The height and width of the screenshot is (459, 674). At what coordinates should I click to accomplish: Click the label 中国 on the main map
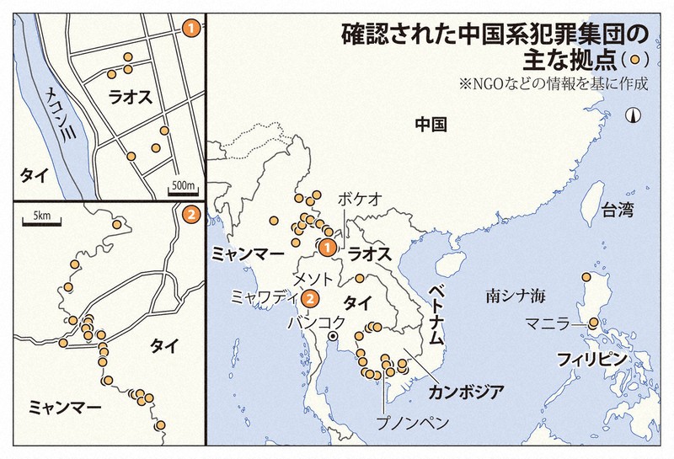431,124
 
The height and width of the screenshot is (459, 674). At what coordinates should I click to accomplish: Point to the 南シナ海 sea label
516,296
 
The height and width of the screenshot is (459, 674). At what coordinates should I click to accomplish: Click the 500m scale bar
183,191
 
